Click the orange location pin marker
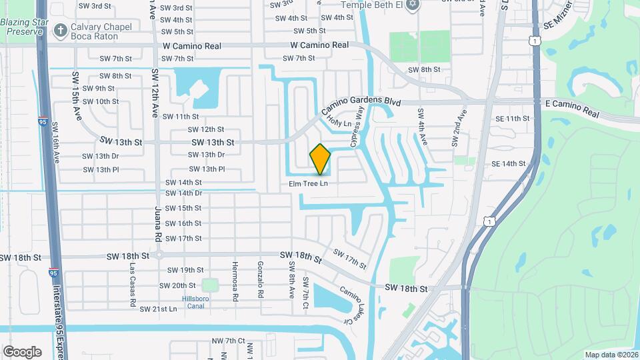320,159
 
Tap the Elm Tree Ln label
309,183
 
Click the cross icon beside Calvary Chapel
61,29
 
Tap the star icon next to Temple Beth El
412,5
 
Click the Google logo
22,351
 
